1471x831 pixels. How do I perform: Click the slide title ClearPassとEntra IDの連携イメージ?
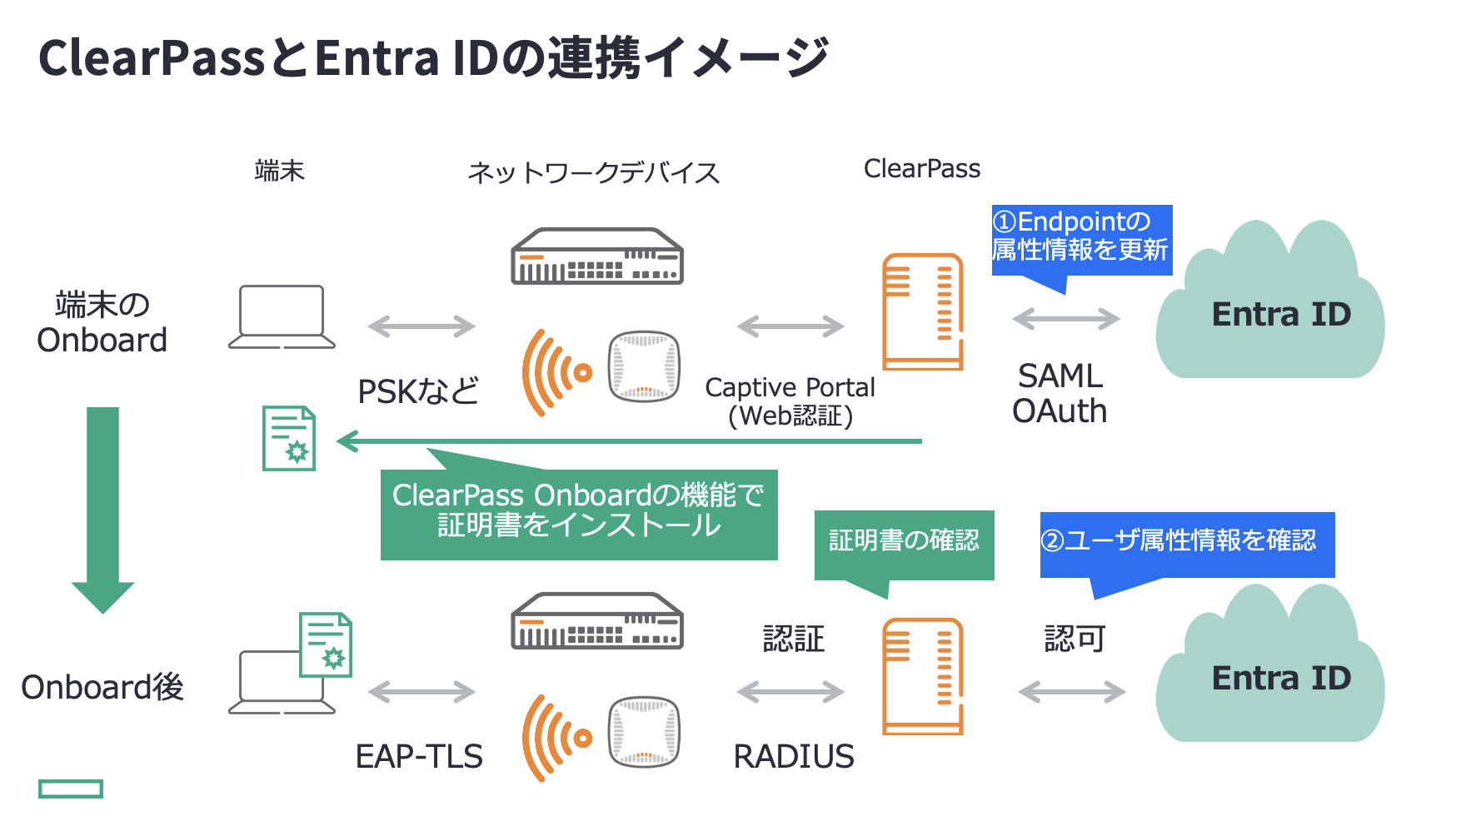pos(433,58)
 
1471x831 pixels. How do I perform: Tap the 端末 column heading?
pos(280,171)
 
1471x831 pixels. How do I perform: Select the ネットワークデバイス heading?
pos(593,172)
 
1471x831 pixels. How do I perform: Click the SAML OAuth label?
pos(1060,394)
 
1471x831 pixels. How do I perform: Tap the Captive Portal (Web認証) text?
pos(790,401)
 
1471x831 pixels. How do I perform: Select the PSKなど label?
pos(418,391)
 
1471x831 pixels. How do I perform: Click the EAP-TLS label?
pos(419,756)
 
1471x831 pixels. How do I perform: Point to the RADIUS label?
pos(793,756)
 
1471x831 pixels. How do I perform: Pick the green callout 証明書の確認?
pos(904,542)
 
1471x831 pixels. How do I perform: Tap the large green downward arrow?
pos(102,508)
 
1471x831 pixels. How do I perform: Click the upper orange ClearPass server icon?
pos(923,312)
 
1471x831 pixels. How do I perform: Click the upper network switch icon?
pos(596,256)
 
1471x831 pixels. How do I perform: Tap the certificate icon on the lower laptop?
pos(326,645)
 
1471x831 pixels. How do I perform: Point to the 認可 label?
pos(1075,639)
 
